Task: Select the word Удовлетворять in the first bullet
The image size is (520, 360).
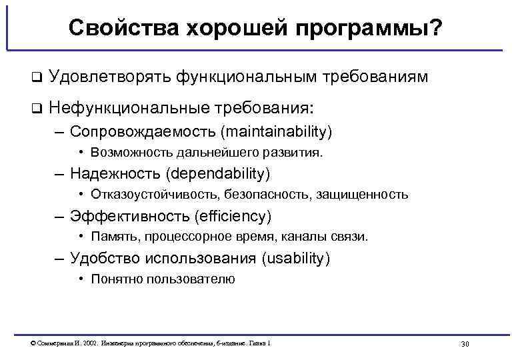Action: coord(109,77)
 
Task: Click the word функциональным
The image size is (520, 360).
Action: coord(246,77)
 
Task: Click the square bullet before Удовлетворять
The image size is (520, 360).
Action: coord(36,78)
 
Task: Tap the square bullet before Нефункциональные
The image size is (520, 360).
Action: coord(36,107)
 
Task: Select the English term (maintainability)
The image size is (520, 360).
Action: coord(283,131)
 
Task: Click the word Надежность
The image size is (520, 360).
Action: coord(116,174)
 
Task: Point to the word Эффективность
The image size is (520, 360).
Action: coord(129,216)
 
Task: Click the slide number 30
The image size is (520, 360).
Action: coord(465,344)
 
